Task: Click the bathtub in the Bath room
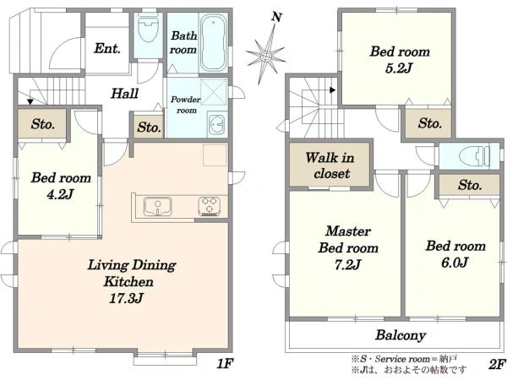coord(213,42)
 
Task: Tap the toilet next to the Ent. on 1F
coord(148,30)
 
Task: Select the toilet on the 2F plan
coord(476,156)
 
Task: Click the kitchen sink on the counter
coord(157,206)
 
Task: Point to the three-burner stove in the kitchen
coord(209,206)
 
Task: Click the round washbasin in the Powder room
coord(217,124)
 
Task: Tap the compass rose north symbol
coord(266,56)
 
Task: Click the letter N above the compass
coord(276,17)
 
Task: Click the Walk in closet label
coord(330,166)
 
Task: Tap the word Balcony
coord(401,335)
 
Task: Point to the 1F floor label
coord(225,364)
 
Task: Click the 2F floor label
coord(496,364)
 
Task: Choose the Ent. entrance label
coord(107,48)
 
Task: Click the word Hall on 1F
coord(124,94)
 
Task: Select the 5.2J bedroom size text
coord(400,68)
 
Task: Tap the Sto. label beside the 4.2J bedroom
coord(43,124)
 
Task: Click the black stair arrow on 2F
coord(332,90)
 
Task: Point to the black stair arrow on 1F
coord(30,102)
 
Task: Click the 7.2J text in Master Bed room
coord(347,265)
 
